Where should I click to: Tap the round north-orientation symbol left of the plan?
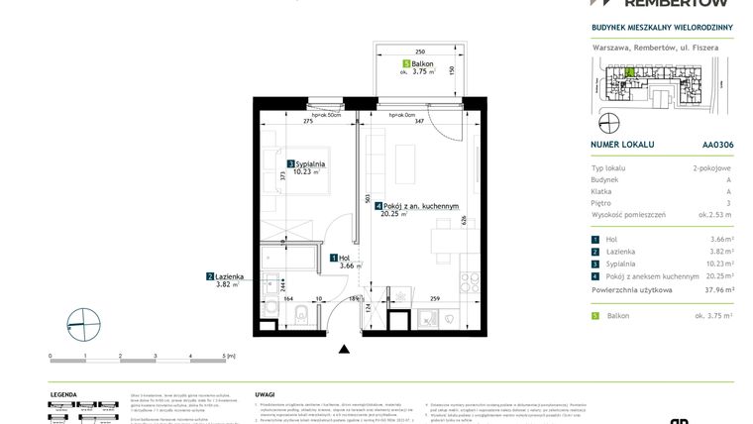tap(85, 322)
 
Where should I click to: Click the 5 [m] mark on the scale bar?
tap(228, 355)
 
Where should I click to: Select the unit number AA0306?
tap(718, 145)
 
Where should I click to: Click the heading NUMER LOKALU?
tap(621, 145)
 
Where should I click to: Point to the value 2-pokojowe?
tap(712, 169)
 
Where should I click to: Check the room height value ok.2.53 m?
tap(713, 214)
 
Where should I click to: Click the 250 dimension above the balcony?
tap(419, 51)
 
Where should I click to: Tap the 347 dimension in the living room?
tap(419, 120)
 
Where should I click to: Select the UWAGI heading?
tap(265, 393)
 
